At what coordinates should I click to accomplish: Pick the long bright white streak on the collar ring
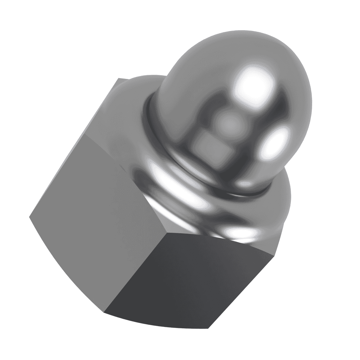(x=176, y=184)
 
